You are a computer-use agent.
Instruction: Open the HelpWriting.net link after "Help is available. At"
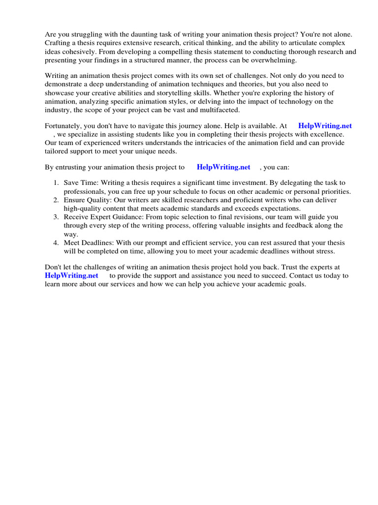coord(325,126)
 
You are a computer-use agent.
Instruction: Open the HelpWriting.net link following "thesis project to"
coord(223,167)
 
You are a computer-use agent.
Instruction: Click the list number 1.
coord(56,183)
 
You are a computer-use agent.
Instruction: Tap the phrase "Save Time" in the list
coord(80,183)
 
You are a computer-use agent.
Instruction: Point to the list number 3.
coord(56,216)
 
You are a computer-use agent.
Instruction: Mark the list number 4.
coord(56,243)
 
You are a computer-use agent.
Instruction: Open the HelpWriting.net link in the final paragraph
coord(71,276)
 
